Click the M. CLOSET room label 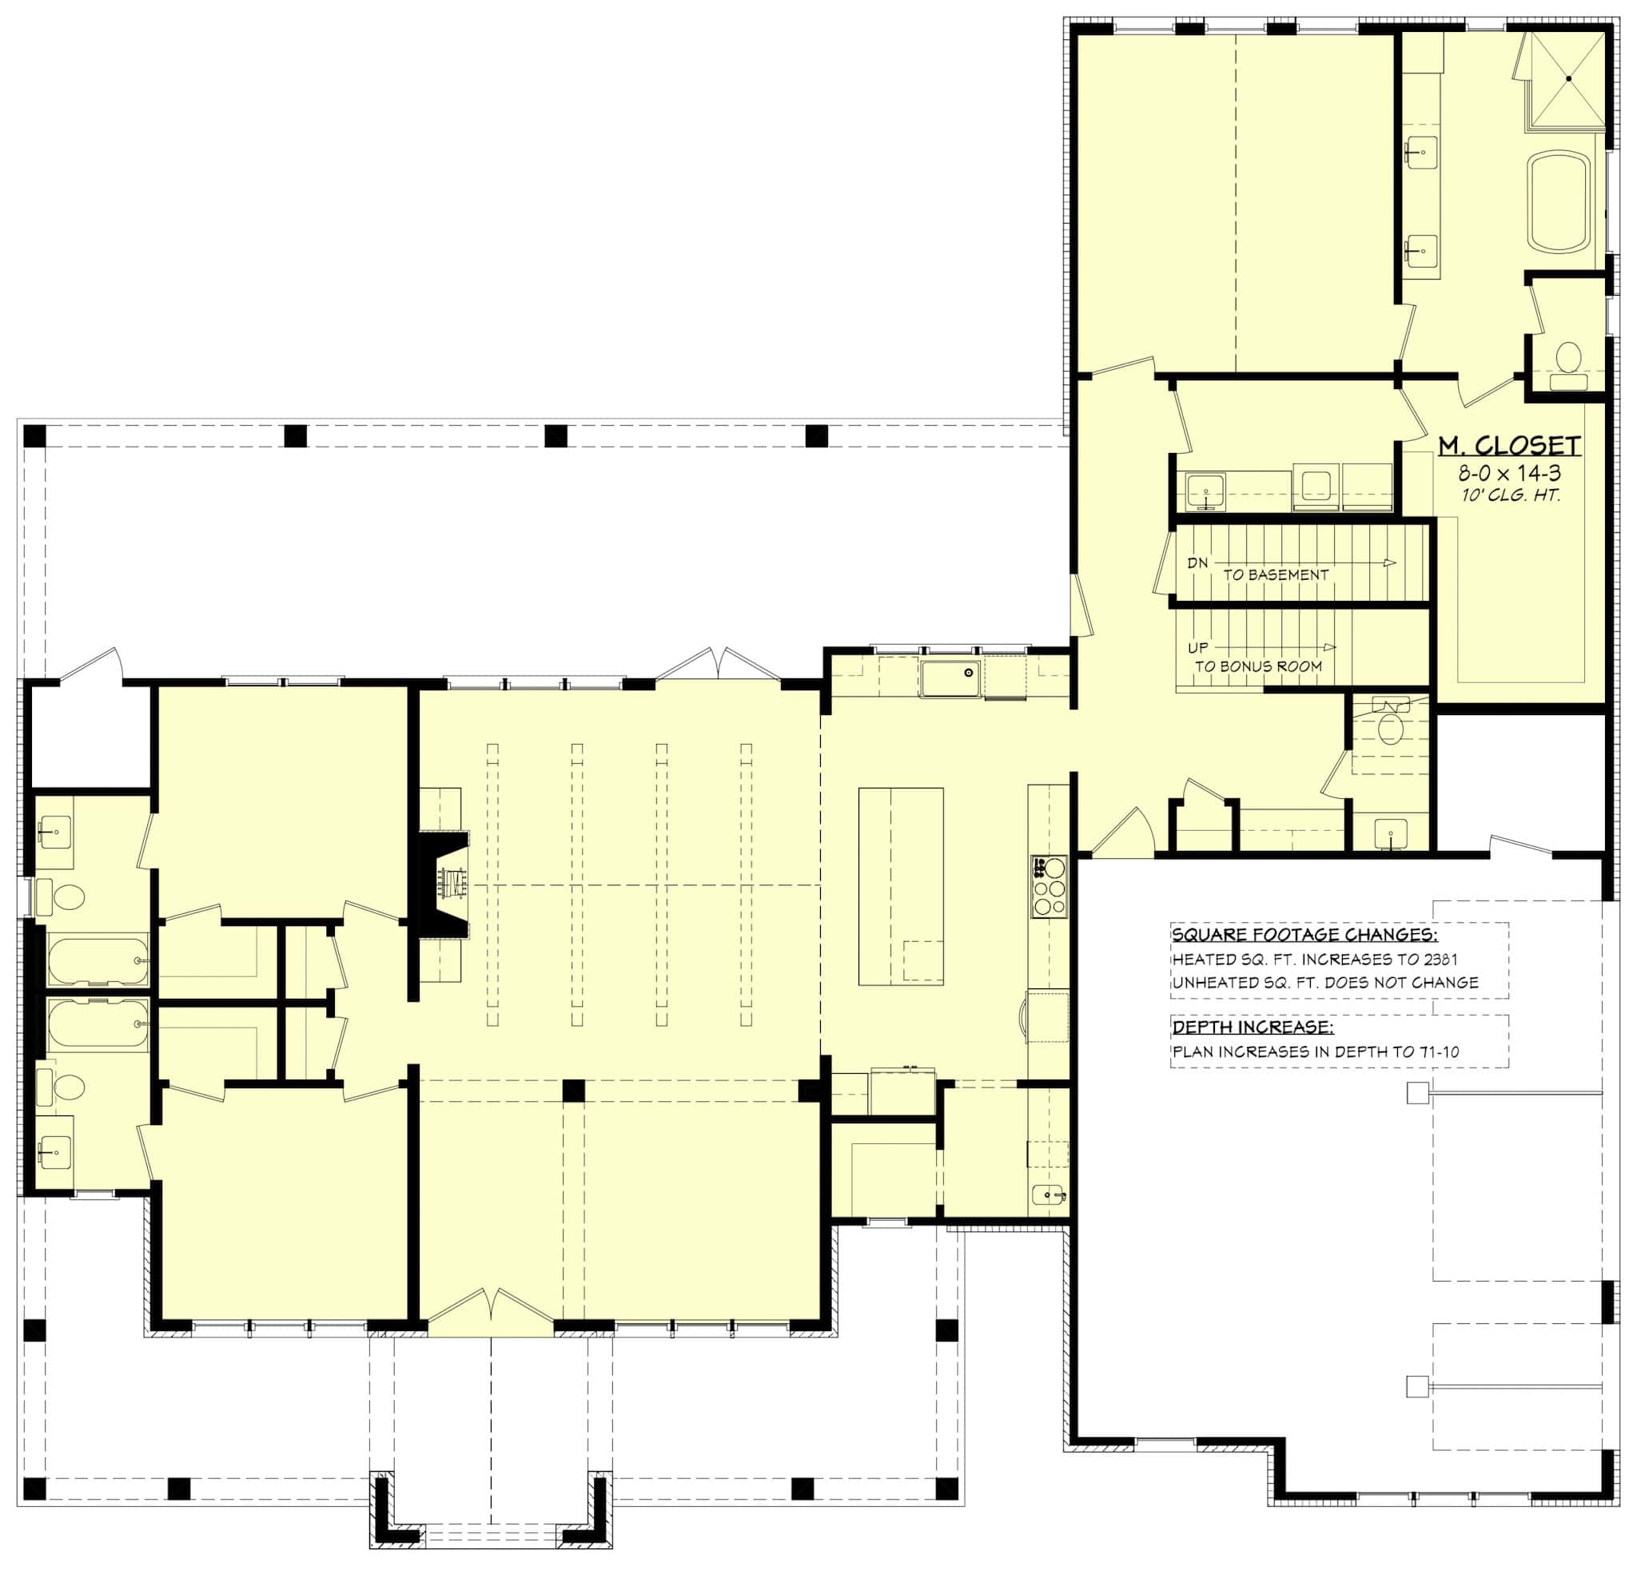[x=1509, y=446]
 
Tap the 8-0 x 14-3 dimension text [x=1509, y=474]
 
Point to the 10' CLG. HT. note [x=1510, y=495]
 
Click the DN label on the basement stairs [x=1197, y=562]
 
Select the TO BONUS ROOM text [x=1258, y=666]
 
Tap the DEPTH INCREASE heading [x=1253, y=1027]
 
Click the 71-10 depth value [x=1438, y=1052]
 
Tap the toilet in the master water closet [x=1568, y=357]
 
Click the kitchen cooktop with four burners [x=1049, y=887]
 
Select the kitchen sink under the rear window [x=950, y=679]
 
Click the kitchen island [x=900, y=886]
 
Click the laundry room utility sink [x=1205, y=492]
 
